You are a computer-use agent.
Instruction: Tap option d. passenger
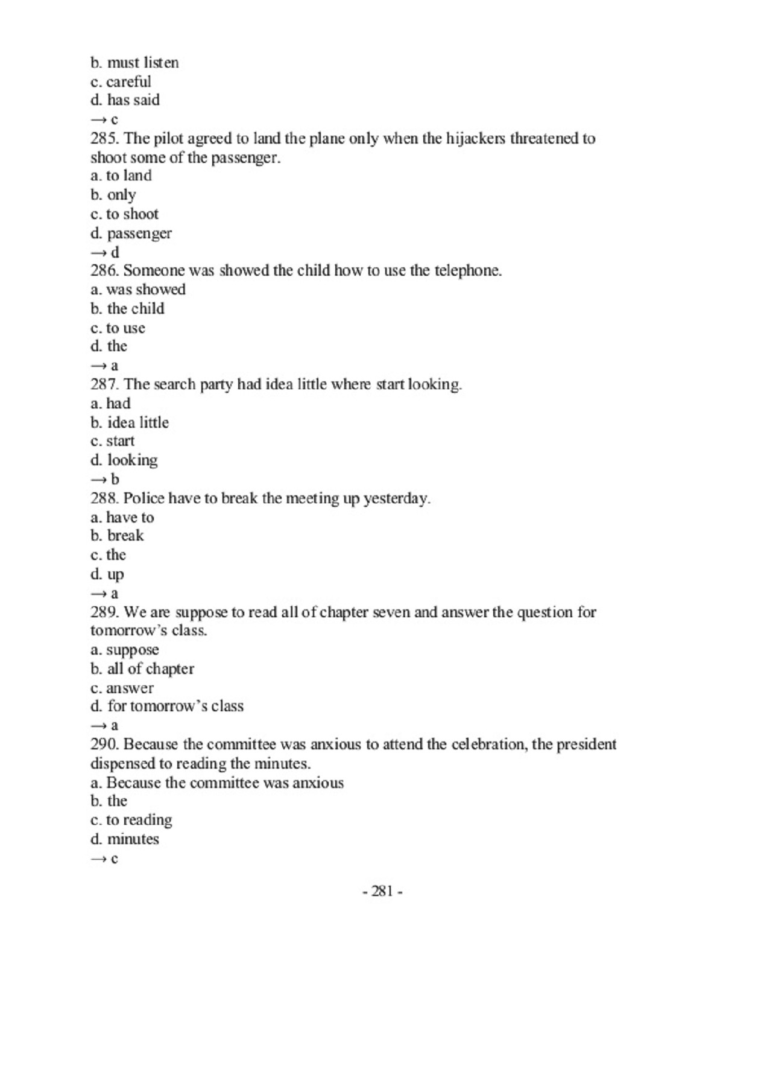[x=131, y=233]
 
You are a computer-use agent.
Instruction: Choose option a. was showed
[x=138, y=290]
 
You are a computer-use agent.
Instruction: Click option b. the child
[x=127, y=309]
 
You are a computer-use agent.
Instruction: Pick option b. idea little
[x=130, y=422]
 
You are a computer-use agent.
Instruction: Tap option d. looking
[x=124, y=460]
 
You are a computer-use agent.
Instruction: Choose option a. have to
[x=122, y=518]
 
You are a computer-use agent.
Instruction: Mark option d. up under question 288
[x=107, y=574]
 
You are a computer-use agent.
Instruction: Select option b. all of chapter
[x=142, y=669]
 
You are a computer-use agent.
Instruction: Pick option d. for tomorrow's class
[x=167, y=707]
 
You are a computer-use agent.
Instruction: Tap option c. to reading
[x=131, y=821]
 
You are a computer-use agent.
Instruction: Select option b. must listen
[x=134, y=63]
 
